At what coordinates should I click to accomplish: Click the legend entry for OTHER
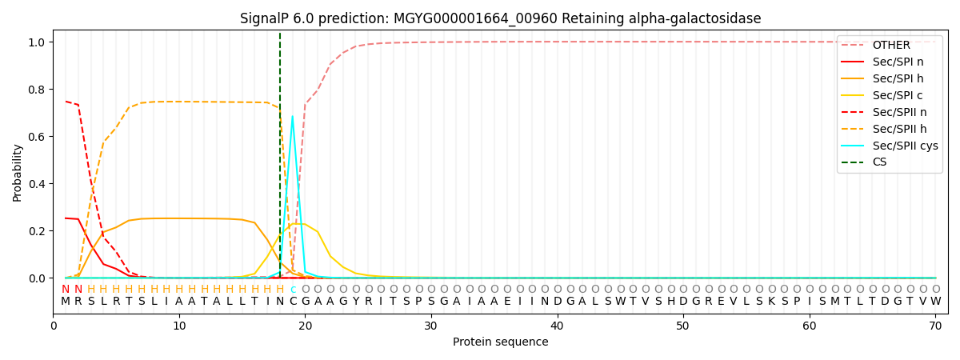(x=890, y=45)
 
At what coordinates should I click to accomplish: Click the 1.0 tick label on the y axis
(x=36, y=42)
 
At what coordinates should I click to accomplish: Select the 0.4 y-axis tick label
(x=36, y=184)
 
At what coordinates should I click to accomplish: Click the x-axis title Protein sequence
(x=500, y=342)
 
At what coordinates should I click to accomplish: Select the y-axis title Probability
(x=18, y=172)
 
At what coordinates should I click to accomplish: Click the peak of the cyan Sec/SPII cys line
(x=292, y=117)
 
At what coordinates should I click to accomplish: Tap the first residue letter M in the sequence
(x=66, y=302)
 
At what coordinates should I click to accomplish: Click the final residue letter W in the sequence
(x=935, y=302)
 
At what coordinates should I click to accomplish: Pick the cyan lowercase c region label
(x=293, y=290)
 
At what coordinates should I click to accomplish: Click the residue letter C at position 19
(x=293, y=302)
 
